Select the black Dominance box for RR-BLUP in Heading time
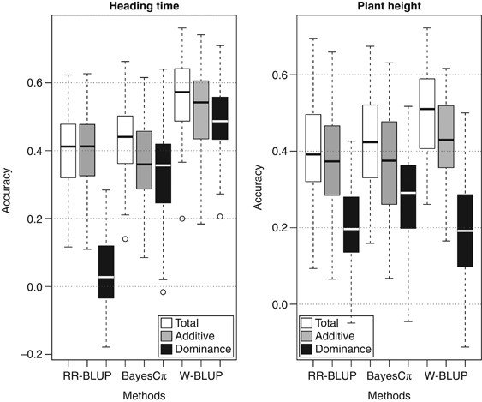click(106, 272)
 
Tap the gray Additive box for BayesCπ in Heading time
click(143, 160)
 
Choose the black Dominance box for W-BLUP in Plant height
click(466, 231)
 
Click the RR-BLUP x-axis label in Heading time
click(84, 375)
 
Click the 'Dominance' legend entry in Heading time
click(204, 348)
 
